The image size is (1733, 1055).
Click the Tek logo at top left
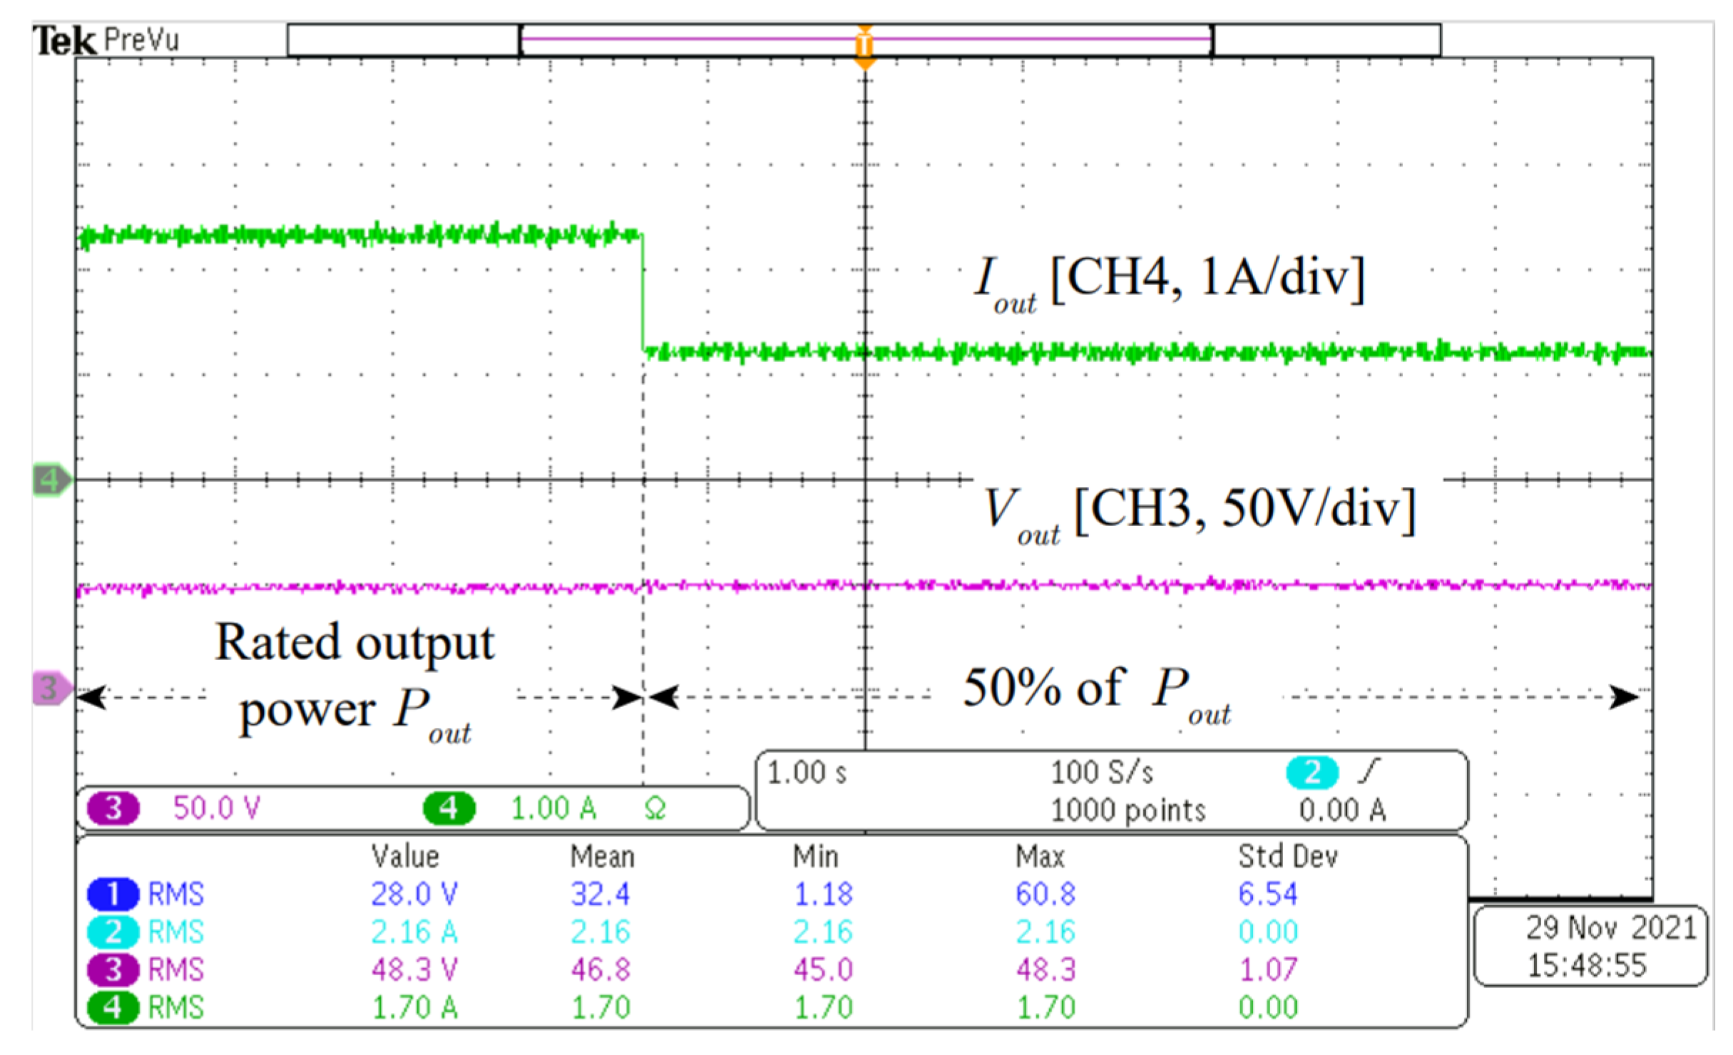64,40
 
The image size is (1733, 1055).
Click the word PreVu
141,40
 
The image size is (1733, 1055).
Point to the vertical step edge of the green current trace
643,292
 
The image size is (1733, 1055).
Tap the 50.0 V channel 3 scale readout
217,808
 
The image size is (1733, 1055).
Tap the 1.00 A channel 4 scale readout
553,808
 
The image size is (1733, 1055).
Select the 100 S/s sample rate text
1102,773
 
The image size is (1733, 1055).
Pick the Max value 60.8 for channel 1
1046,894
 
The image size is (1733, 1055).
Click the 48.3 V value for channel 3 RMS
414,969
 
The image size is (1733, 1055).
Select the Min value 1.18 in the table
823,894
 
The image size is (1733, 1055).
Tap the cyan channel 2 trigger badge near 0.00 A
1312,773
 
